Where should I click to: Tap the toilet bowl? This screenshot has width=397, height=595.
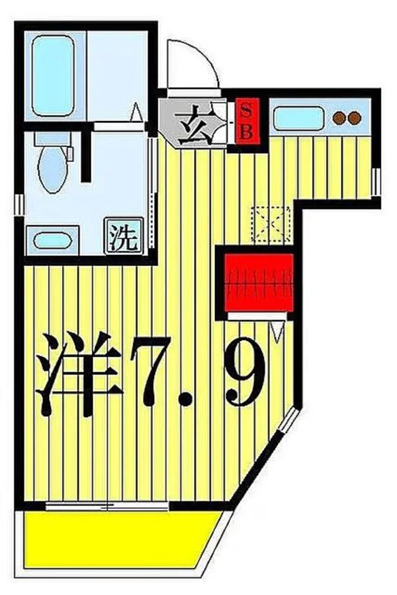pyautogui.click(x=53, y=169)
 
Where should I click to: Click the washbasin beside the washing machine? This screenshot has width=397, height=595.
pyautogui.click(x=52, y=239)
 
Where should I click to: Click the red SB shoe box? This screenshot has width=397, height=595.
pyautogui.click(x=245, y=120)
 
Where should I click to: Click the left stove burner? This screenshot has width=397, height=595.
pyautogui.click(x=340, y=118)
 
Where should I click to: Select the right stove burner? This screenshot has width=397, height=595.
pyautogui.click(x=355, y=118)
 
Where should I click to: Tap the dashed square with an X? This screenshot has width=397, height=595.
pyautogui.click(x=271, y=223)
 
